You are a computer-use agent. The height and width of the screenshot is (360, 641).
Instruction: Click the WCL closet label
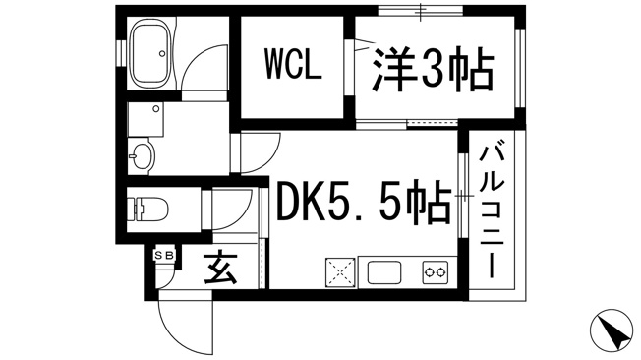293,64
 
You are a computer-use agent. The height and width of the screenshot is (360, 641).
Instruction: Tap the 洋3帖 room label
433,70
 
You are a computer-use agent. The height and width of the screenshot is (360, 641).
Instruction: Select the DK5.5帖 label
364,203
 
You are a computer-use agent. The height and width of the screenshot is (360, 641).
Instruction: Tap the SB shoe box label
164,256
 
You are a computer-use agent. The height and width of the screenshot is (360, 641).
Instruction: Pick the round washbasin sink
142,155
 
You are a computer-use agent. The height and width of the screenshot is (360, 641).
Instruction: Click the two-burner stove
435,271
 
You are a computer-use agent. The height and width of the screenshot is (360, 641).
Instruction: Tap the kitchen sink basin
384,272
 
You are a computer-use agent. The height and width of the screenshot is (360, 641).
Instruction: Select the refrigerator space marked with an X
340,272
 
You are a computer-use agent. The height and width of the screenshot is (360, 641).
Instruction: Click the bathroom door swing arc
203,69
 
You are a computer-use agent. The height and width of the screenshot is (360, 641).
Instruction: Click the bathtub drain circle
162,53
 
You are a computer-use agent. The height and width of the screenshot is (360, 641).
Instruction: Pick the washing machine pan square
146,119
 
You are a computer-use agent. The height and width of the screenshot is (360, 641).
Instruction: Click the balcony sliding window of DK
463,196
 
